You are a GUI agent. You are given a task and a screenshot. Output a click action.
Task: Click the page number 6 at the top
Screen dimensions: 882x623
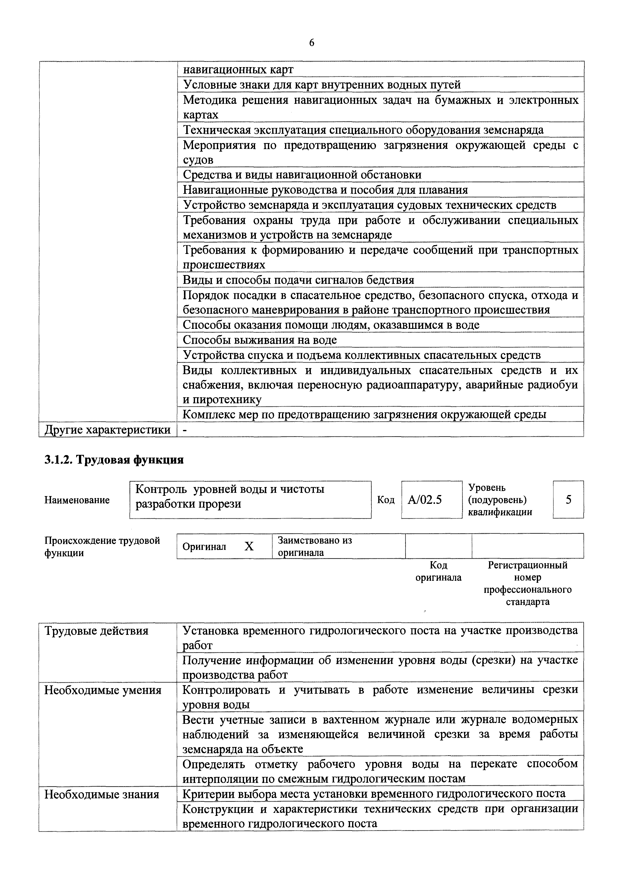coord(311,43)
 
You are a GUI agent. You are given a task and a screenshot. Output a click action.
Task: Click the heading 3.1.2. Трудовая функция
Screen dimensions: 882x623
coord(114,460)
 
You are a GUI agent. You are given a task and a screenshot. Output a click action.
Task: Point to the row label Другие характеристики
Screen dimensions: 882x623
coord(108,429)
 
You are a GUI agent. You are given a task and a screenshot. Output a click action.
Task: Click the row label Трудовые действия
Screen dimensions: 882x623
coord(96,631)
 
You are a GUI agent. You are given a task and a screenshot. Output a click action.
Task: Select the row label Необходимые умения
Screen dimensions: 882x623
coord(103,690)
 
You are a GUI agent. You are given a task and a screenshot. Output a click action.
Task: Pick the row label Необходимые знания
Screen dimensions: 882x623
coord(102,794)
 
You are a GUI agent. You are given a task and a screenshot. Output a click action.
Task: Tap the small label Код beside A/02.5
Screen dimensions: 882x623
coord(386,500)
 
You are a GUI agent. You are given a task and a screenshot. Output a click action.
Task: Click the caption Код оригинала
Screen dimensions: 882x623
coord(438,571)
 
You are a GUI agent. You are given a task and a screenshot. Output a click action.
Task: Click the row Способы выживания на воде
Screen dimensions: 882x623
coord(260,340)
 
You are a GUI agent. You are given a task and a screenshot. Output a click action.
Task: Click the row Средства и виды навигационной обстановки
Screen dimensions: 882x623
coord(302,175)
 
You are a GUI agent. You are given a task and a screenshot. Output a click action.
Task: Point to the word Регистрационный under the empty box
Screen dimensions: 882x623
coord(528,565)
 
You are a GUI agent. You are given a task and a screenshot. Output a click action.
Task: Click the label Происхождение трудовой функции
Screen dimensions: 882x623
coord(102,546)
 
